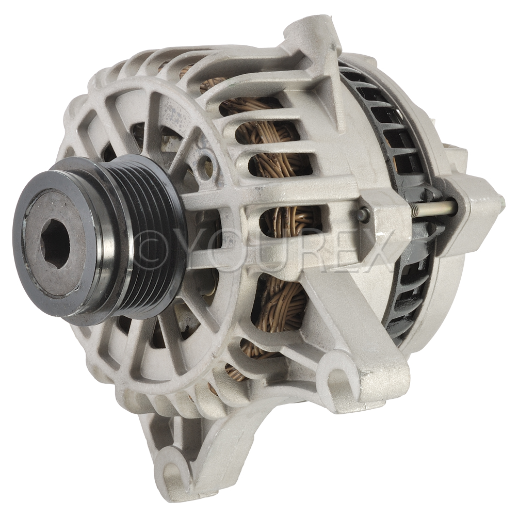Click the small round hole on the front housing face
tap(205, 160)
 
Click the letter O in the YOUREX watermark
tap(225, 251)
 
